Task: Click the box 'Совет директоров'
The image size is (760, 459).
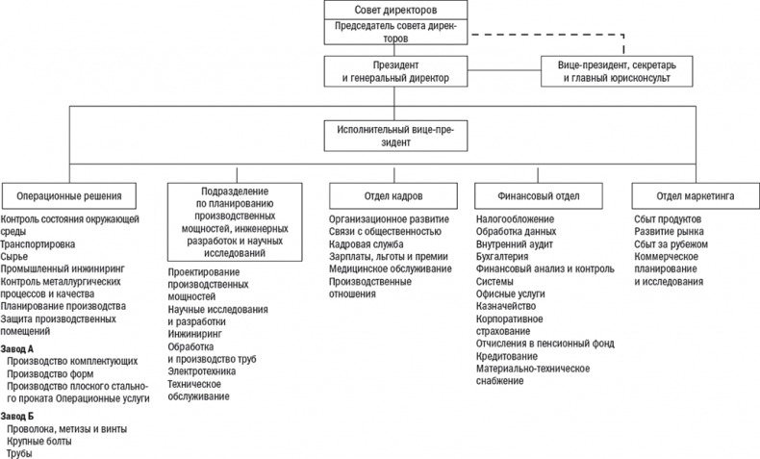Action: (395, 10)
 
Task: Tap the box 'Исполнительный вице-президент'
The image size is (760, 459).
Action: (395, 134)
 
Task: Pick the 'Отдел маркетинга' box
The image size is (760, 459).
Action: (691, 195)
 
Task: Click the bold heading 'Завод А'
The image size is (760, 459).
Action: (17, 347)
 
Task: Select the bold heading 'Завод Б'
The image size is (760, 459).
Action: (17, 416)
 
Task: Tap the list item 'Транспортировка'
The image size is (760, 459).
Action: (39, 245)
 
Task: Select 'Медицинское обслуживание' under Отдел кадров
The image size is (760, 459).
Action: (390, 268)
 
